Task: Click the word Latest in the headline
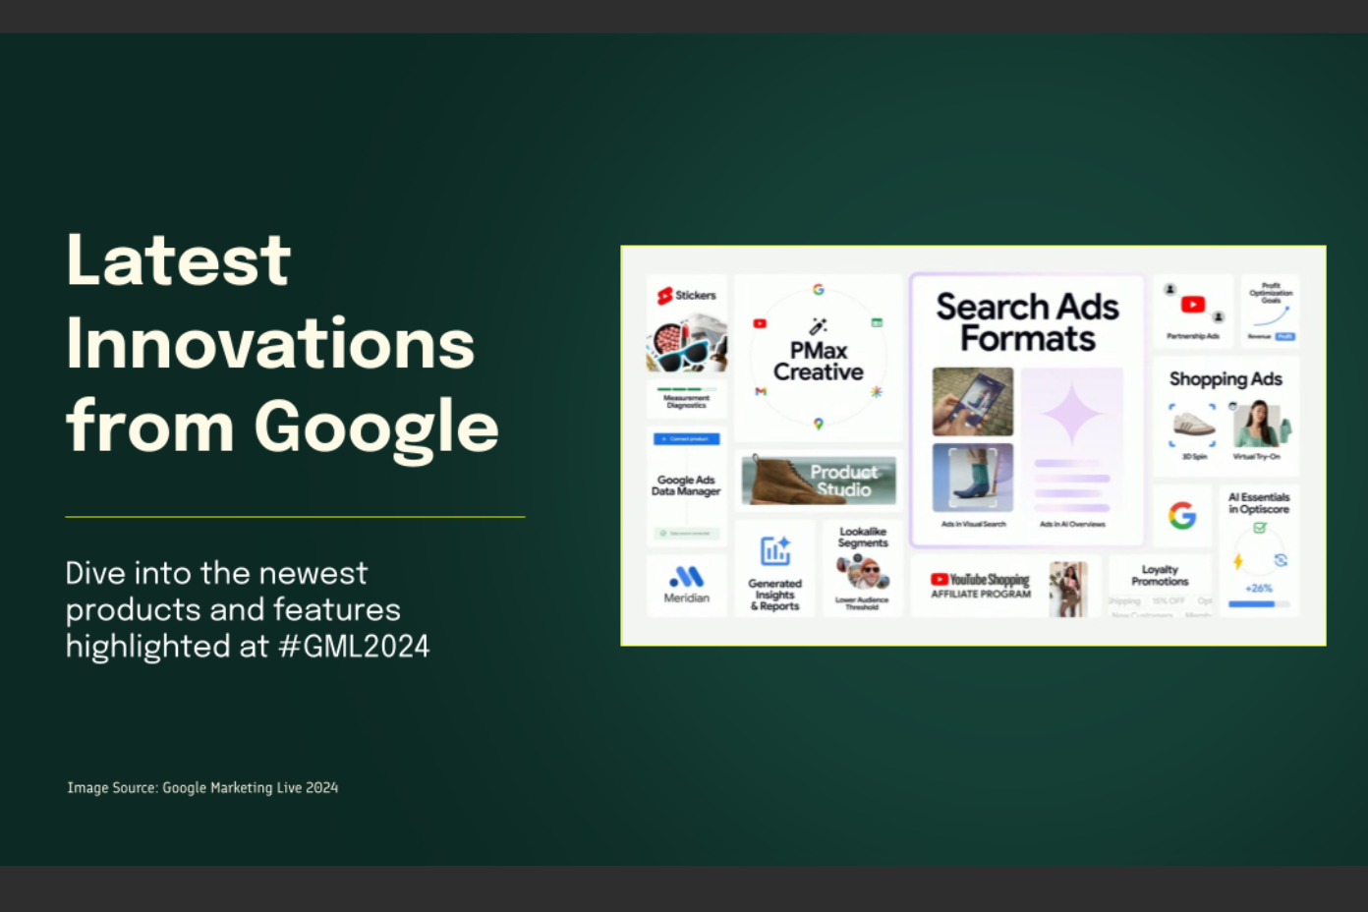coord(178,260)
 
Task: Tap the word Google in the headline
coord(376,427)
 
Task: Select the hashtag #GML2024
coord(354,647)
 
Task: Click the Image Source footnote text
coord(202,787)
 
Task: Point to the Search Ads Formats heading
coord(1027,322)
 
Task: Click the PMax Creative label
coord(818,362)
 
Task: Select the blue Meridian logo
coord(686,577)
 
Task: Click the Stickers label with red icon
coord(687,295)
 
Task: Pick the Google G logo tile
coord(1181,515)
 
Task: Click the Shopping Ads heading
coord(1225,379)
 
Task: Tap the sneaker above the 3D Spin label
coord(1193,424)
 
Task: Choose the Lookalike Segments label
coord(863,538)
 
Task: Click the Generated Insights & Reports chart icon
coord(775,550)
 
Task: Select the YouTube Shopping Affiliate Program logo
coord(981,586)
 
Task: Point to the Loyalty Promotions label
coord(1160,576)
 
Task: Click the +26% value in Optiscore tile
coord(1259,588)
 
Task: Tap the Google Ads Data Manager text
coord(686,485)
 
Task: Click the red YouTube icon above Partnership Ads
coord(1193,305)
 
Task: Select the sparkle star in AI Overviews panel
coord(1071,413)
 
